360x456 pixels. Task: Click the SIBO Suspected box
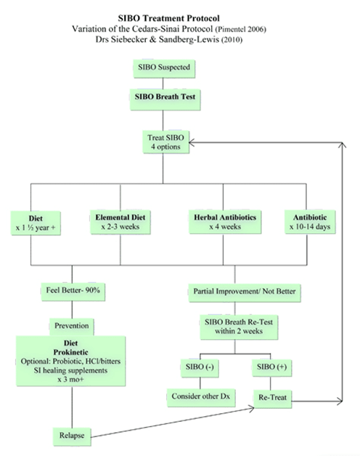pyautogui.click(x=164, y=69)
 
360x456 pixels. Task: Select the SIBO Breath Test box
pyautogui.click(x=165, y=99)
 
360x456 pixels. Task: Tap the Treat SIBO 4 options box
pyautogui.click(x=165, y=142)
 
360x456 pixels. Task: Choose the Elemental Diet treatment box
pyautogui.click(x=120, y=222)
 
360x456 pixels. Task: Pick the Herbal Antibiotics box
pyautogui.click(x=225, y=222)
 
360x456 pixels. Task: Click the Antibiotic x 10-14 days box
pyautogui.click(x=310, y=222)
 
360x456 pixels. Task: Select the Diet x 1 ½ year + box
pyautogui.click(x=36, y=223)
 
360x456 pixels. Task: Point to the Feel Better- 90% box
pyautogui.click(x=73, y=292)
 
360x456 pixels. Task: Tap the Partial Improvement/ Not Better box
pyautogui.click(x=245, y=293)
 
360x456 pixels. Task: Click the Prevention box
pyautogui.click(x=72, y=327)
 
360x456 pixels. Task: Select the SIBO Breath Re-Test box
pyautogui.click(x=239, y=327)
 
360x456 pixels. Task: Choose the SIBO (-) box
pyautogui.click(x=200, y=368)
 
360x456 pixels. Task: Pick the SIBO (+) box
pyautogui.click(x=272, y=368)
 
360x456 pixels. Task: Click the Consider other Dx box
pyautogui.click(x=201, y=397)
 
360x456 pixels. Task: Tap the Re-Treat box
pyautogui.click(x=272, y=399)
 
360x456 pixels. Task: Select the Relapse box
pyautogui.click(x=72, y=437)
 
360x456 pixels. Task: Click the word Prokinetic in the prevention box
pyautogui.click(x=70, y=352)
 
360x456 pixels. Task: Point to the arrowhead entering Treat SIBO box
pyautogui.click(x=192, y=142)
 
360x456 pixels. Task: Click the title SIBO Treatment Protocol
pyautogui.click(x=168, y=18)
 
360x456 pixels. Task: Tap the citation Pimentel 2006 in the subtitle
pyautogui.click(x=240, y=29)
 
